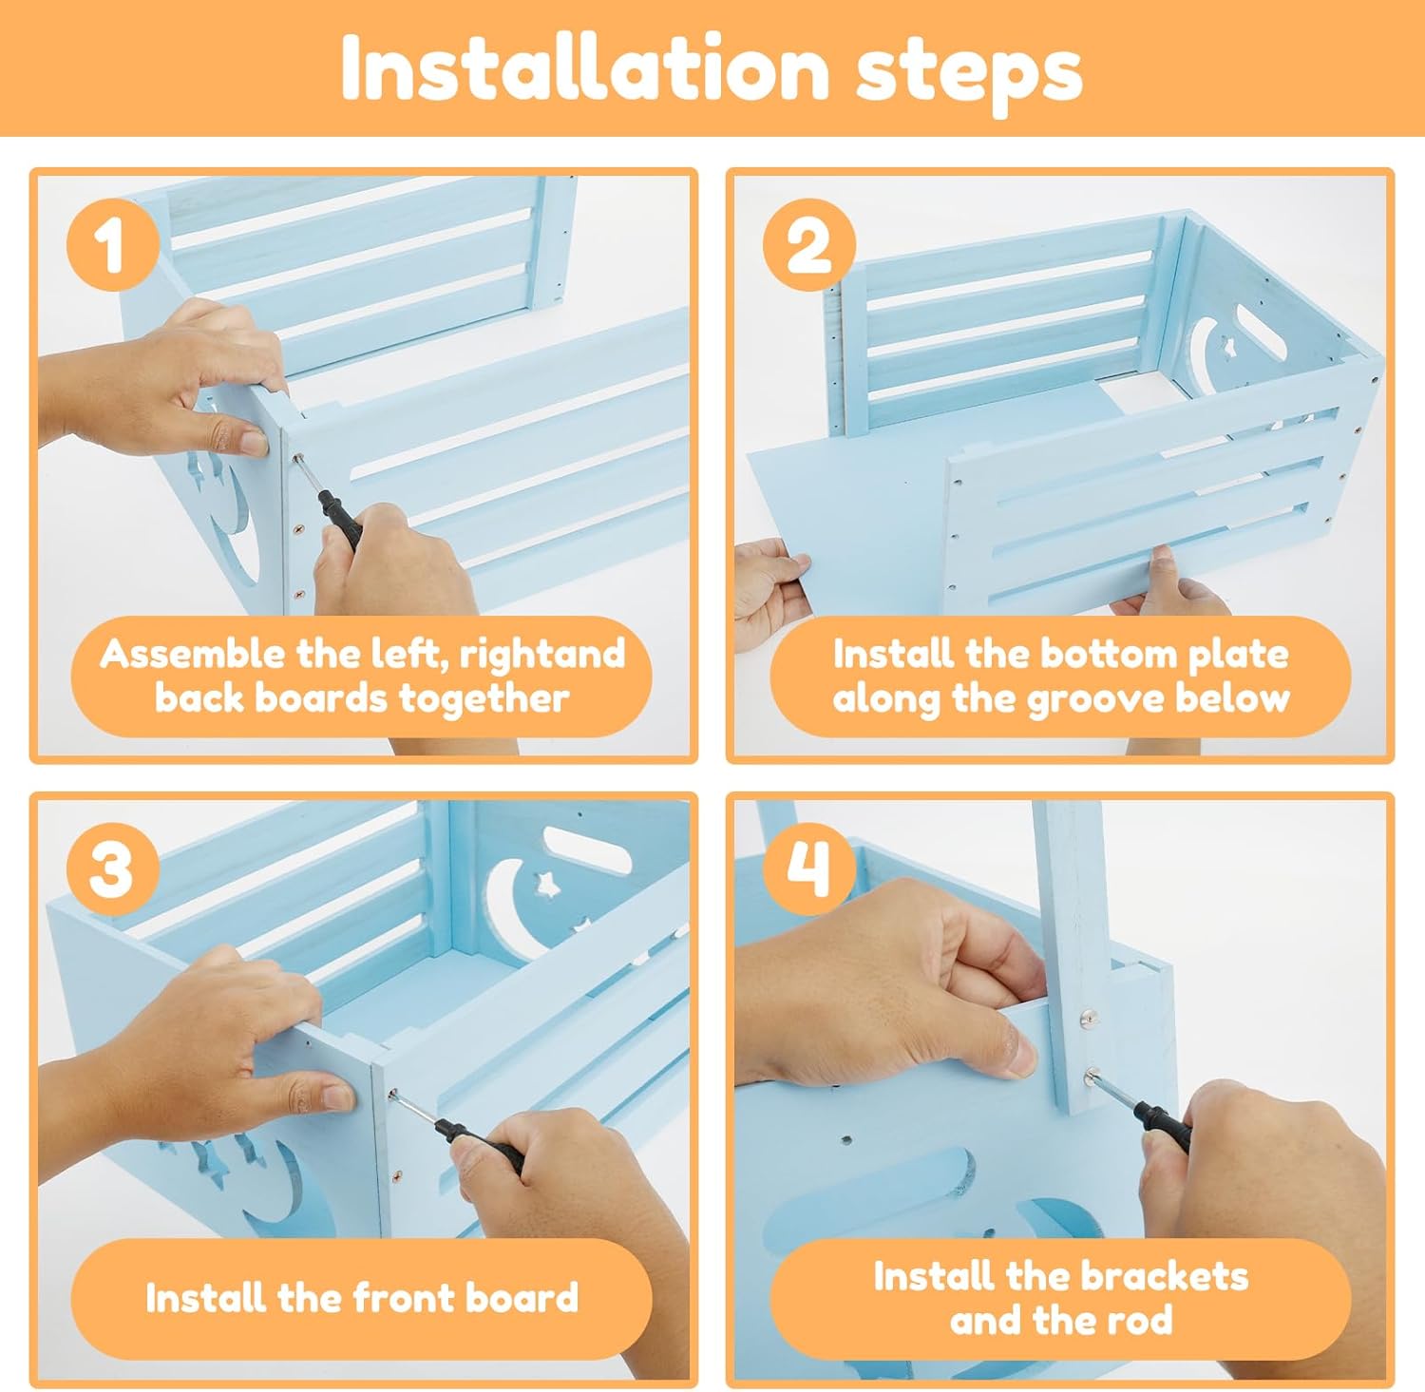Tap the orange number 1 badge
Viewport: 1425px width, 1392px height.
tap(112, 246)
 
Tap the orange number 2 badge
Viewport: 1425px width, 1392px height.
tap(808, 246)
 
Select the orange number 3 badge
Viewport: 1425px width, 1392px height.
tap(112, 868)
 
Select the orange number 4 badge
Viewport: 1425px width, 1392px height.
tap(808, 868)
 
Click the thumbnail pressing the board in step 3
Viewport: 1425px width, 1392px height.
tap(338, 1097)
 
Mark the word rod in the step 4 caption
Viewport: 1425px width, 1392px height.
tap(1143, 1321)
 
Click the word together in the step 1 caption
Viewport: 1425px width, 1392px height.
tap(484, 700)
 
